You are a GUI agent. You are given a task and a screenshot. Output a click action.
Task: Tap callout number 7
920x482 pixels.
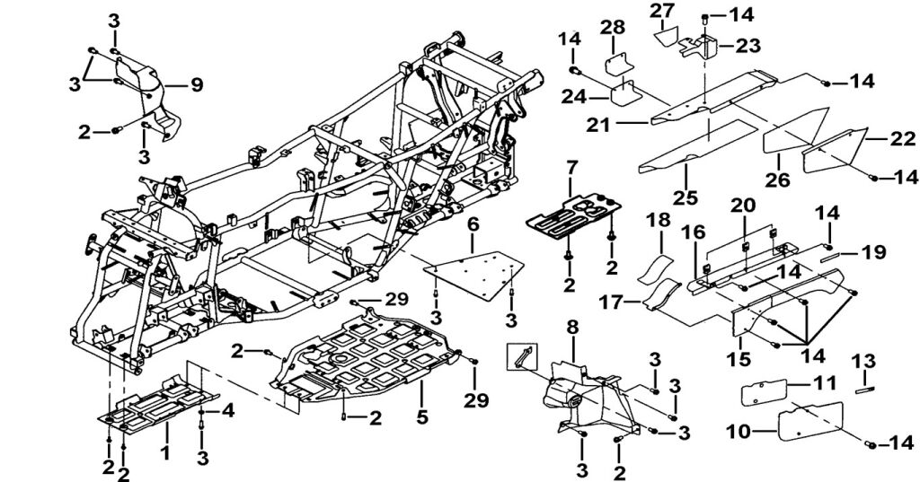[x=571, y=168]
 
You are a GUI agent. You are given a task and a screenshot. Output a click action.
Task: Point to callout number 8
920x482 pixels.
[x=572, y=327]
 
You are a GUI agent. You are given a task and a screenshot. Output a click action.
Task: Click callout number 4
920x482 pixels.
[x=228, y=411]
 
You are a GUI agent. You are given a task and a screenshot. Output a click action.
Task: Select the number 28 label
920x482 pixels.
[x=615, y=30]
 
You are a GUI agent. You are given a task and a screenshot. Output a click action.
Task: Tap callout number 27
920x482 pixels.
[x=662, y=11]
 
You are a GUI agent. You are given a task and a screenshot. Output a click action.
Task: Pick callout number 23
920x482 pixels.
[x=747, y=45]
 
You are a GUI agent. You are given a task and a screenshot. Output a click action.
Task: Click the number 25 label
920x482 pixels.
[x=686, y=196]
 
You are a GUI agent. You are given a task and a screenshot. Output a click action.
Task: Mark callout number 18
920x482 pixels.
[x=658, y=220]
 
